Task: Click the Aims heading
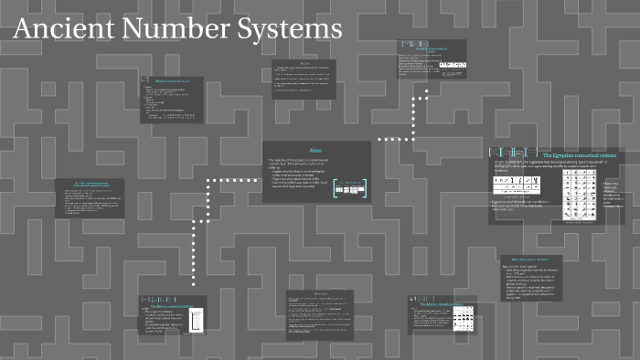[x=317, y=149]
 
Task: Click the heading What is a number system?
[x=530, y=259]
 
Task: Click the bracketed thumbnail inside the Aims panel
[x=350, y=188]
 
